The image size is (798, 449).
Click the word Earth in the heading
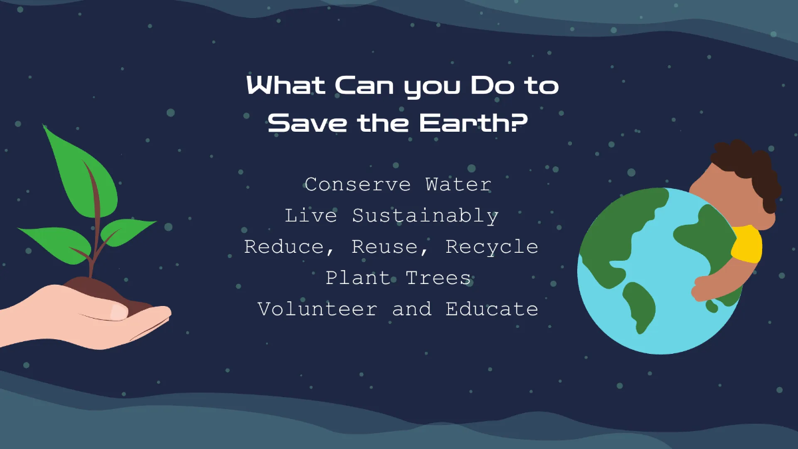click(x=458, y=122)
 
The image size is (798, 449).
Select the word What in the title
click(x=285, y=86)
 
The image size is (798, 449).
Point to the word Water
click(x=459, y=184)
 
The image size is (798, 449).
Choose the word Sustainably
click(x=426, y=216)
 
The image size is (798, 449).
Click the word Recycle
click(x=492, y=247)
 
